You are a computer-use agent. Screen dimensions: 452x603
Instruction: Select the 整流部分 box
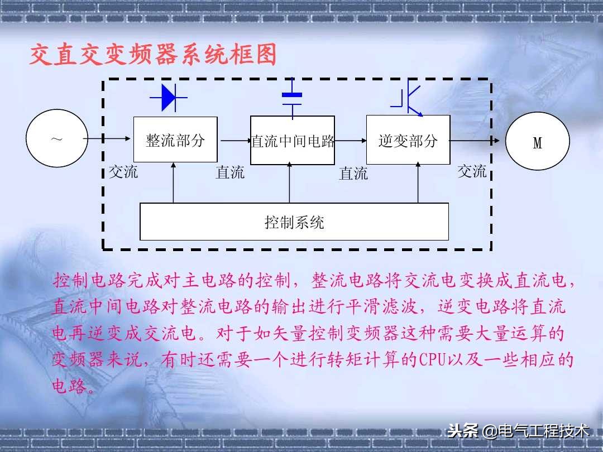coord(175,140)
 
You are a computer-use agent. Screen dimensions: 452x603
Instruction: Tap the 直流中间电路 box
coord(293,141)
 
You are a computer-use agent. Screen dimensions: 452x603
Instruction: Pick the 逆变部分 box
coord(408,140)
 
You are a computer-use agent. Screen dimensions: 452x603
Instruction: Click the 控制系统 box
coord(294,222)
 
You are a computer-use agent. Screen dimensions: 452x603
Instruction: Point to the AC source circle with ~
coord(57,139)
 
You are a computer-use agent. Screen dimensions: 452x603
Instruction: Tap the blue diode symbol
coord(168,98)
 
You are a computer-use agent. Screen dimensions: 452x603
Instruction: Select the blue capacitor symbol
coord(292,98)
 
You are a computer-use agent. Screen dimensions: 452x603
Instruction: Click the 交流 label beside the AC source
coord(123,171)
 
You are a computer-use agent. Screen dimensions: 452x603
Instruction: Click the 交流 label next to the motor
coord(472,171)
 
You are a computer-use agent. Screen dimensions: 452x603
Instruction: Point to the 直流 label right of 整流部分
coord(230,172)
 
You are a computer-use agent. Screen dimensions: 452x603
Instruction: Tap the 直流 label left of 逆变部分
coord(353,174)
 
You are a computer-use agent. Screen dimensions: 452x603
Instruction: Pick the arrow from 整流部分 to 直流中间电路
coord(234,141)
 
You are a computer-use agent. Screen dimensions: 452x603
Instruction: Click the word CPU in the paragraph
coord(430,359)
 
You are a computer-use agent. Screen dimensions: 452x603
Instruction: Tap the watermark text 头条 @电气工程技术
coord(518,431)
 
